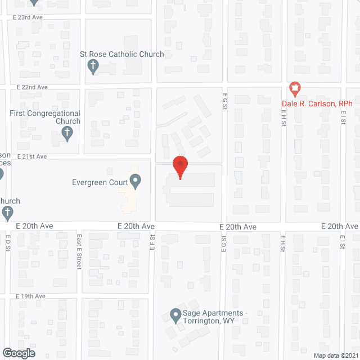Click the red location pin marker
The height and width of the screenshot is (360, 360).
(180, 166)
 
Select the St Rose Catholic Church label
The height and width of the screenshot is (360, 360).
(122, 55)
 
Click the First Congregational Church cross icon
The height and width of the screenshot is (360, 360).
(67, 134)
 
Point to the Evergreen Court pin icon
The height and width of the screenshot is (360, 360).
(135, 181)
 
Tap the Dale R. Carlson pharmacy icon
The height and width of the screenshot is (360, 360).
(294, 88)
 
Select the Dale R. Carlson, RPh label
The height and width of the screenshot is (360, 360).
(317, 103)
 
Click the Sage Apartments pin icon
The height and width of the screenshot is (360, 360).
(175, 316)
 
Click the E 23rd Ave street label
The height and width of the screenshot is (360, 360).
(28, 17)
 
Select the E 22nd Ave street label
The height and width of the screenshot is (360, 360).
(32, 87)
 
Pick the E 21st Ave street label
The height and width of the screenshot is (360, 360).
(31, 156)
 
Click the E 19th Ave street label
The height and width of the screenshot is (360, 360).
(31, 296)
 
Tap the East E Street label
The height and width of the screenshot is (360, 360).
(79, 252)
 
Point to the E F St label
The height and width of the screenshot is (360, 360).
(152, 244)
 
